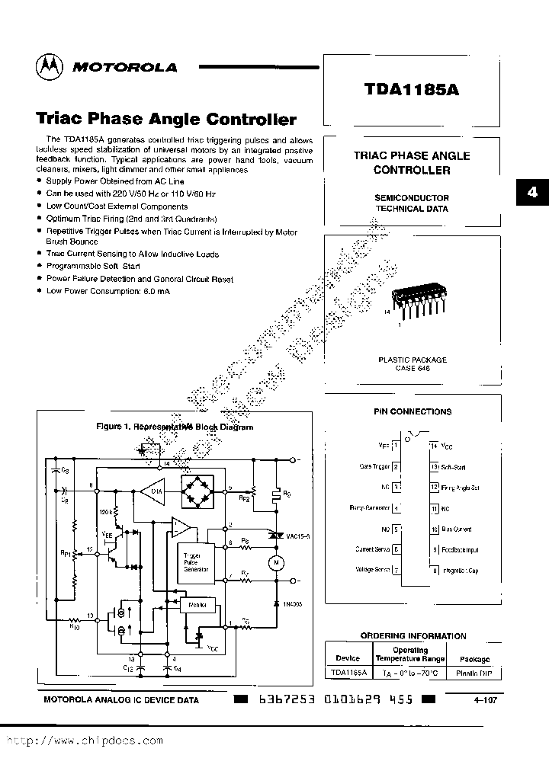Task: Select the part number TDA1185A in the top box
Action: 411,87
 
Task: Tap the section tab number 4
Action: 532,192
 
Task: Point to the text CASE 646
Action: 413,368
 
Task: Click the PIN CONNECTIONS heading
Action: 413,411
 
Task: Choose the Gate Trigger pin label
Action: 375,466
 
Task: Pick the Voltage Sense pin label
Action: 373,569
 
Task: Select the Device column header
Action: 348,658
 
